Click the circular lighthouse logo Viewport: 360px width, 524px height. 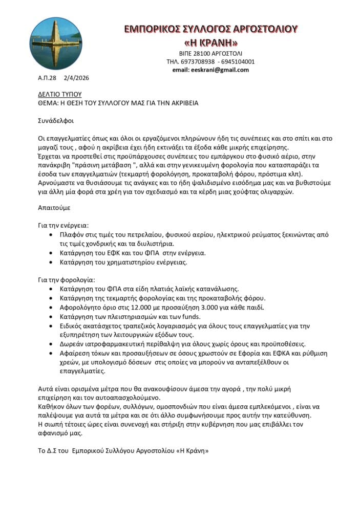[x=56, y=43]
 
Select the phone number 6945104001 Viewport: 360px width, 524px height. [x=238, y=61]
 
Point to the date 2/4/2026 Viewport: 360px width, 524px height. [x=76, y=78]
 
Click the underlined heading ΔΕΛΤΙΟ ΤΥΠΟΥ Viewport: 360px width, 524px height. [x=60, y=95]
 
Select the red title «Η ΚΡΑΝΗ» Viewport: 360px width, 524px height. [x=210, y=42]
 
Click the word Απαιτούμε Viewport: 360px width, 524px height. [x=54, y=208]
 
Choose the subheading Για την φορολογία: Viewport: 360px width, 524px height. [x=66, y=279]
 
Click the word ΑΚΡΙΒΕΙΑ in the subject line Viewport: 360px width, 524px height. [x=179, y=103]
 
